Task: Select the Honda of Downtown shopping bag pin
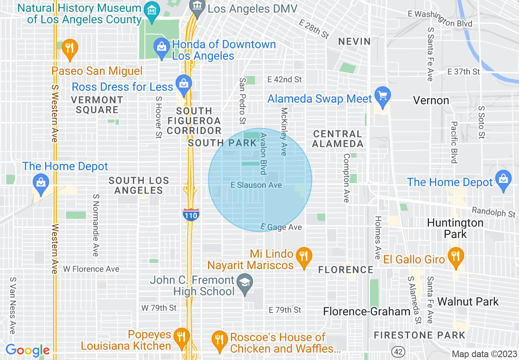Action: click(x=162, y=48)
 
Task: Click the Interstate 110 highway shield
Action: click(x=191, y=214)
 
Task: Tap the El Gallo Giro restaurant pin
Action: click(x=455, y=257)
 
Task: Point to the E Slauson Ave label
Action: click(x=256, y=185)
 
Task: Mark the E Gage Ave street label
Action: click(x=281, y=227)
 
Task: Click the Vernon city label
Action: click(x=431, y=100)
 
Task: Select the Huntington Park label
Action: click(x=455, y=228)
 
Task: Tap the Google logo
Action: click(x=27, y=350)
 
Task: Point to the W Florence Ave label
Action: click(x=91, y=269)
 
